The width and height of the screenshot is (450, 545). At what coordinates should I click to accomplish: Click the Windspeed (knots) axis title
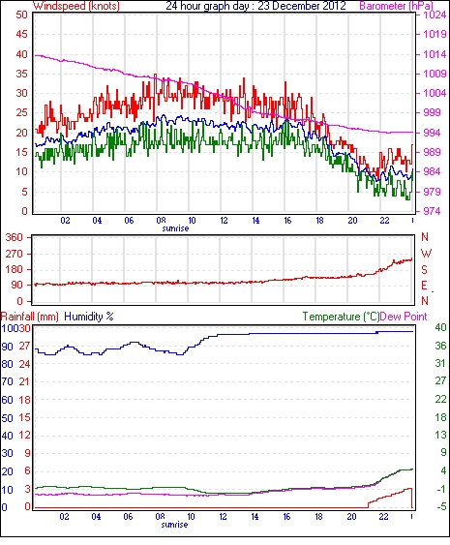click(76, 6)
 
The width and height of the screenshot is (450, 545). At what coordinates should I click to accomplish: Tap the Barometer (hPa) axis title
click(396, 6)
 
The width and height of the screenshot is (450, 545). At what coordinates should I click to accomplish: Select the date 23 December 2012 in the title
click(302, 6)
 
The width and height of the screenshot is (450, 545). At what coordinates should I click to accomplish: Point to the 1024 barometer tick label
click(435, 15)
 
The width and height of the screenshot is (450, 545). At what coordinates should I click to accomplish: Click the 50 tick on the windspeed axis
click(21, 15)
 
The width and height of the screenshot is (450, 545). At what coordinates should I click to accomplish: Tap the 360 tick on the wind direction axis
click(14, 238)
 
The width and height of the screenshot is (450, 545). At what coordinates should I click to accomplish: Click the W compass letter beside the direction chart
click(426, 254)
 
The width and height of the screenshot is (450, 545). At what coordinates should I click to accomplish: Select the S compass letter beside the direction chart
click(424, 269)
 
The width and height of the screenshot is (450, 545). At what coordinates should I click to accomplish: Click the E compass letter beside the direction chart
click(424, 286)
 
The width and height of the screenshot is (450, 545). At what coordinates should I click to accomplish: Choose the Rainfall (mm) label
click(30, 317)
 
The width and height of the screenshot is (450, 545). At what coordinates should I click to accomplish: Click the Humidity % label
click(89, 317)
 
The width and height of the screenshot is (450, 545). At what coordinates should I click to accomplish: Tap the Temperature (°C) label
click(341, 317)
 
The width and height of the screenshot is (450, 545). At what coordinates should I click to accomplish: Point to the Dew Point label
click(404, 317)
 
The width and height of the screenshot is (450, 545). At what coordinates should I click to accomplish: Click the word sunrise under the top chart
click(175, 228)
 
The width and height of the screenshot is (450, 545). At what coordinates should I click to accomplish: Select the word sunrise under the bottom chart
click(174, 525)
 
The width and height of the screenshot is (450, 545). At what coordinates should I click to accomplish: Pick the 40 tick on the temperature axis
click(440, 327)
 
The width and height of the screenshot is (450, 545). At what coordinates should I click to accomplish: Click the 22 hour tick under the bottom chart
click(383, 517)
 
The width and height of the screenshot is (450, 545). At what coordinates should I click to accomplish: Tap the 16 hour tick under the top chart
click(287, 221)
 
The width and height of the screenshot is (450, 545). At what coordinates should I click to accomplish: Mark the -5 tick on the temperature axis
click(440, 507)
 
